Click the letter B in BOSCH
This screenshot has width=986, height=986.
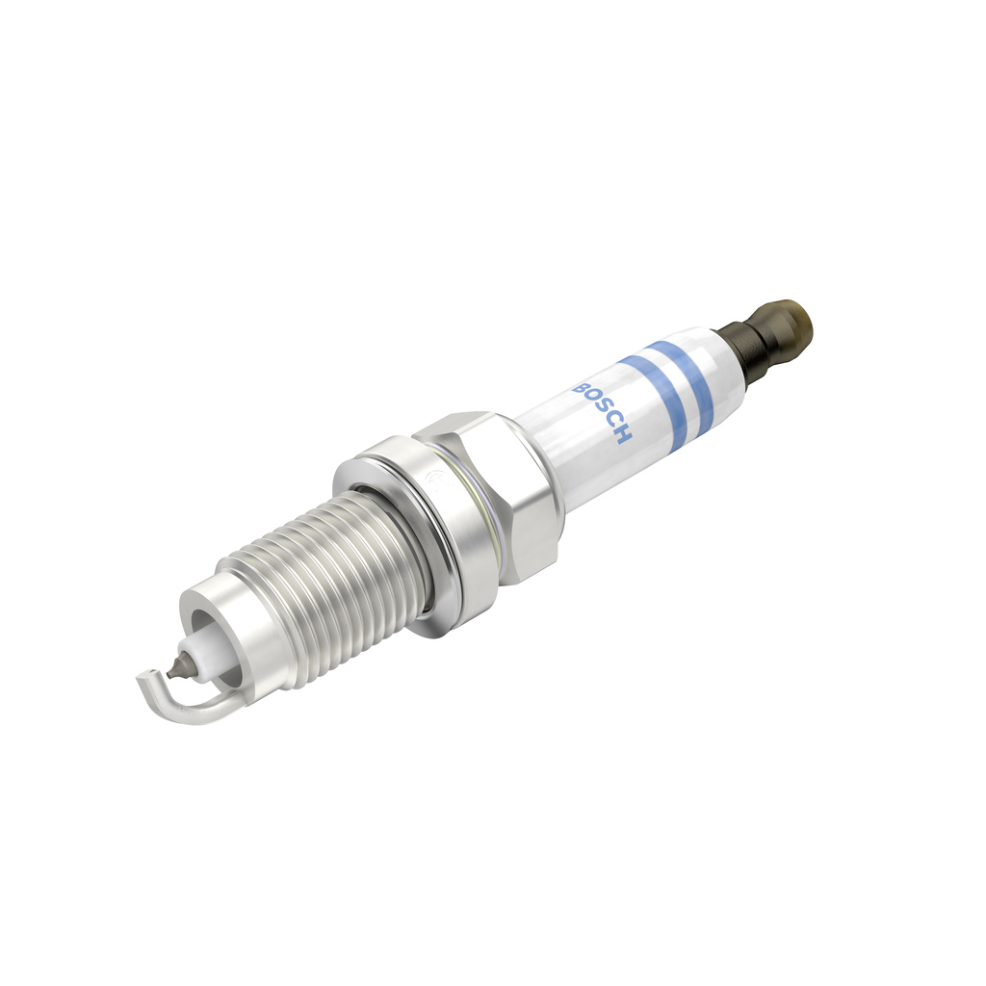(583, 388)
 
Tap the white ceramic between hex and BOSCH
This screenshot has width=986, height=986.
(549, 453)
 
